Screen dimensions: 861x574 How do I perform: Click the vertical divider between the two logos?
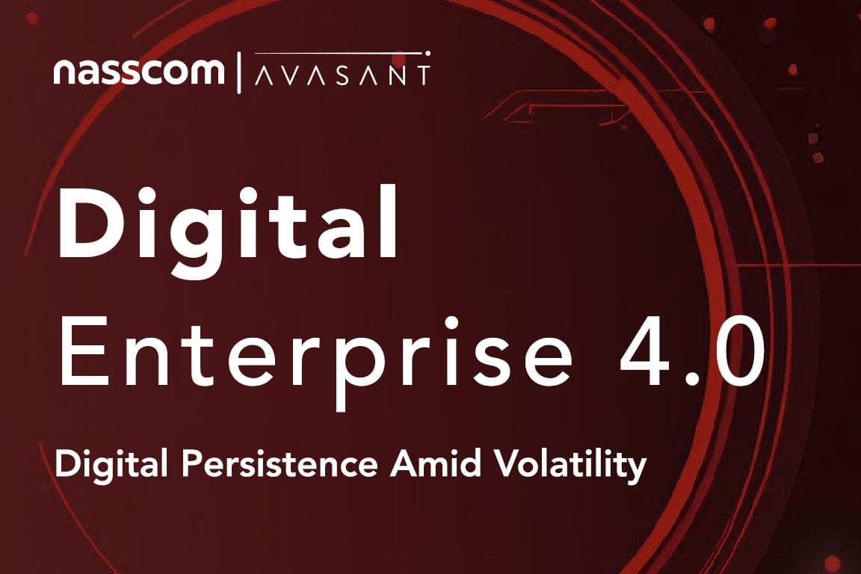[239, 72]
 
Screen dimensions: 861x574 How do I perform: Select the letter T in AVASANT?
[422, 75]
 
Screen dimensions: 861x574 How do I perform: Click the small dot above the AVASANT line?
[428, 53]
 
